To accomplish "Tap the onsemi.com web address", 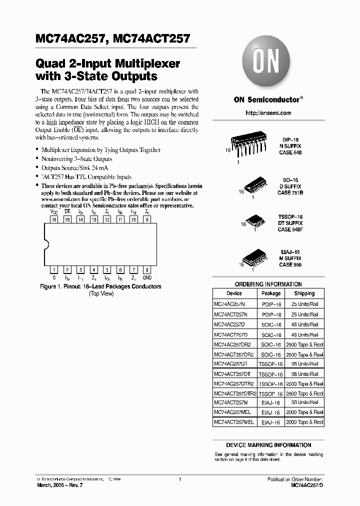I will pos(268,113).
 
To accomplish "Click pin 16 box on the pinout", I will pos(54,219).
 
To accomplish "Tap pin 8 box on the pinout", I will pos(146,270).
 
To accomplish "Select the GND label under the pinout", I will pos(147,277).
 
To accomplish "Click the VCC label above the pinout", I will pos(54,212).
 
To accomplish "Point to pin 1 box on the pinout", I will pos(54,270).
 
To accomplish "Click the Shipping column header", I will pos(304,293).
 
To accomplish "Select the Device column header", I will pos(234,293).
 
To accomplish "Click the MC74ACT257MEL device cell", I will pos(233,422).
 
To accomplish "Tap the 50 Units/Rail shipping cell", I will pos(304,402).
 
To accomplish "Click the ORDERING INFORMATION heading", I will pos(268,284).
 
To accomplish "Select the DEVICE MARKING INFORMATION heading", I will pos(268,445).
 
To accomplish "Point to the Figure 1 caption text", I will pos(100,287).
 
